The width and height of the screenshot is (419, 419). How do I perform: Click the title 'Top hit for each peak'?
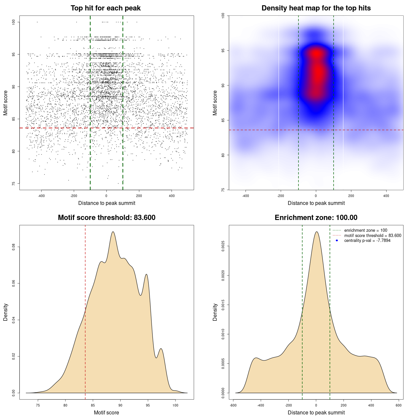105,8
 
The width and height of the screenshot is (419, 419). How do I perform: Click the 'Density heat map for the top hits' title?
316,8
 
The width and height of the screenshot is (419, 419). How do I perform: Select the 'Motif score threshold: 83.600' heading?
106,218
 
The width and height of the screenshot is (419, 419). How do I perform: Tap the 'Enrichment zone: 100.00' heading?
316,218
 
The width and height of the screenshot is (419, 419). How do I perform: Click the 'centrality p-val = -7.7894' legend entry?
367,241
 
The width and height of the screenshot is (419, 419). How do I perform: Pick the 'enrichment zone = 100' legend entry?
366,230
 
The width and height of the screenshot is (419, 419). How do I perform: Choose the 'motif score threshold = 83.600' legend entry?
373,236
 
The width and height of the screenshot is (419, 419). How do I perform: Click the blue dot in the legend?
337,241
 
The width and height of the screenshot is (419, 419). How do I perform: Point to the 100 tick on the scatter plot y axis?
14,22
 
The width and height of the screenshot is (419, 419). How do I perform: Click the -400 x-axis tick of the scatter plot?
41,196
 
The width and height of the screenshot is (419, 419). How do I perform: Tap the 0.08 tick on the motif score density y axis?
14,246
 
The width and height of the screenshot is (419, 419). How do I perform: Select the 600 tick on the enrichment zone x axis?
398,406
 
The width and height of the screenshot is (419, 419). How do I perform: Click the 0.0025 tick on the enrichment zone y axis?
223,246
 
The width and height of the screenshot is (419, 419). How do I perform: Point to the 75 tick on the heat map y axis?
223,190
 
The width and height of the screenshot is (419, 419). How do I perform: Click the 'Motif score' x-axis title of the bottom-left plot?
106,413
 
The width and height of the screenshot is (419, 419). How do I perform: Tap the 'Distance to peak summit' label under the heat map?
316,203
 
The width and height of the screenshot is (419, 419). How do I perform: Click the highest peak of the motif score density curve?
113,232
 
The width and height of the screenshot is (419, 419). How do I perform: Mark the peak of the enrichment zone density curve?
316,232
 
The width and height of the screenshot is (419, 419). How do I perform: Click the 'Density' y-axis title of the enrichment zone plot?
215,312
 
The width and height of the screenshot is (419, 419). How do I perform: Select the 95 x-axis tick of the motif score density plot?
148,406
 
